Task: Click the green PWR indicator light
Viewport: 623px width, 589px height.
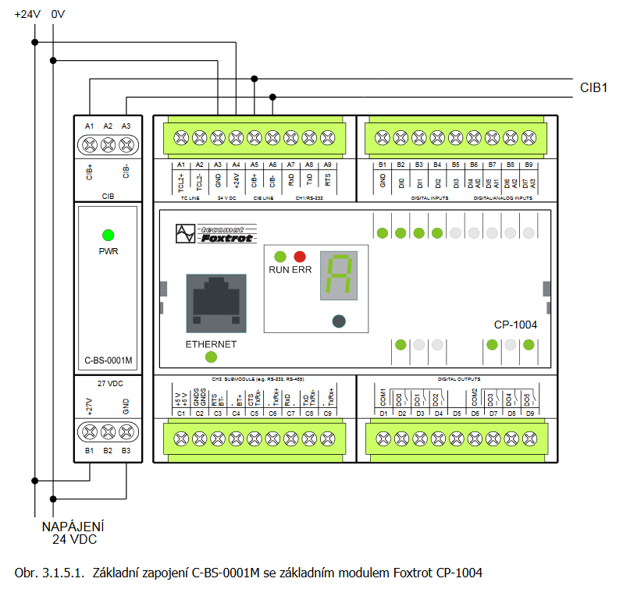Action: tap(109, 234)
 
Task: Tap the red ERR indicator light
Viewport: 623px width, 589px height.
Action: tap(300, 257)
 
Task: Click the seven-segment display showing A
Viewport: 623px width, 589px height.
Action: tap(339, 276)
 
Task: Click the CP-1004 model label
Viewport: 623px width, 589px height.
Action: tap(515, 324)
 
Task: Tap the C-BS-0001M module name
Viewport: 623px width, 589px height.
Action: tap(109, 361)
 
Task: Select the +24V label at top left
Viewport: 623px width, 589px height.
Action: tap(27, 13)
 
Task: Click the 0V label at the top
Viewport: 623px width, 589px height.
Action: tap(58, 13)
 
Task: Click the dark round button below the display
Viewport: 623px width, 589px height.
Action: tap(339, 320)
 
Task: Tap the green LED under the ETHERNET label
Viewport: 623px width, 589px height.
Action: tap(211, 357)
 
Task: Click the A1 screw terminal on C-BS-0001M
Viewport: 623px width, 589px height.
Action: tap(90, 144)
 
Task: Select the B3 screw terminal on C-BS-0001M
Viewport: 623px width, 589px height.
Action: tap(126, 431)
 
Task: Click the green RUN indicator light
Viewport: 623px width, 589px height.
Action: tap(279, 257)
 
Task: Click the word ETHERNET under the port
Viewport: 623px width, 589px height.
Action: tap(211, 344)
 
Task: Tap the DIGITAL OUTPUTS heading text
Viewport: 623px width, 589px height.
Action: tap(458, 379)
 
